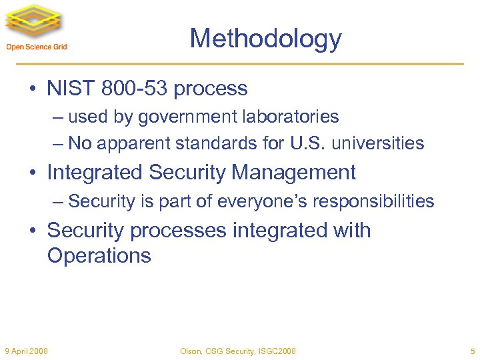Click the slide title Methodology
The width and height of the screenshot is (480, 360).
pyautogui.click(x=265, y=39)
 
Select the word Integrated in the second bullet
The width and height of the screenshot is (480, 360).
pyautogui.click(x=95, y=173)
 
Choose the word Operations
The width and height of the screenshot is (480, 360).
pyautogui.click(x=99, y=255)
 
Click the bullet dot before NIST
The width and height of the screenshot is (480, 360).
pyautogui.click(x=33, y=89)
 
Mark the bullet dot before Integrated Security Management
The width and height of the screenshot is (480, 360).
pyautogui.click(x=33, y=173)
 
